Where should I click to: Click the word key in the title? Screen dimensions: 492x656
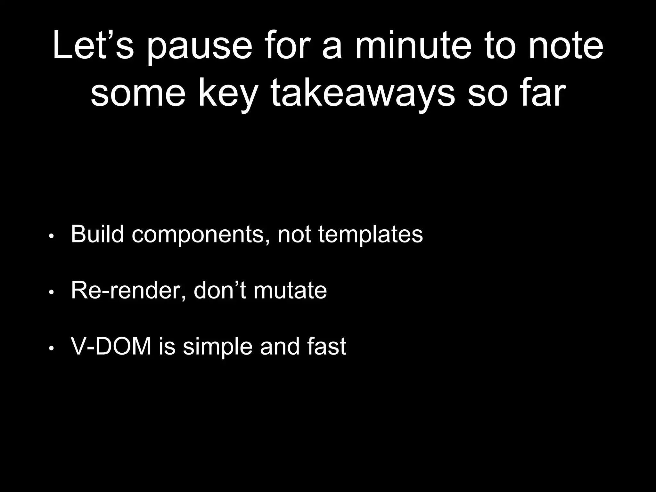coord(228,94)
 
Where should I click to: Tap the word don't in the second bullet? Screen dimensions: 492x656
coord(220,290)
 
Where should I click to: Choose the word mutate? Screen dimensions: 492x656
coord(290,290)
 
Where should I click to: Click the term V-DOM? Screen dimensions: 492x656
coord(111,346)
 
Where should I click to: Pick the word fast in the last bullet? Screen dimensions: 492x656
coord(326,346)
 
